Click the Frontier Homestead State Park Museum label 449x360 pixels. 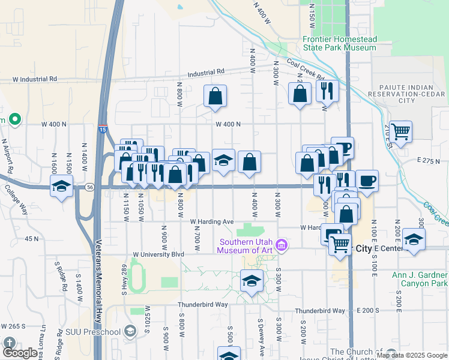[x=339, y=43]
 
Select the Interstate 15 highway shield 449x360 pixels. [x=103, y=128]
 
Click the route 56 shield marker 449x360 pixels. [x=89, y=187]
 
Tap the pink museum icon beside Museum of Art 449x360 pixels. [x=282, y=245]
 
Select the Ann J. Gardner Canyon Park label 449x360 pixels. [x=420, y=279]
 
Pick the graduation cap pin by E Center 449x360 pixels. [x=414, y=239]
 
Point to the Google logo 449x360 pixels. [x=20, y=353]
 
